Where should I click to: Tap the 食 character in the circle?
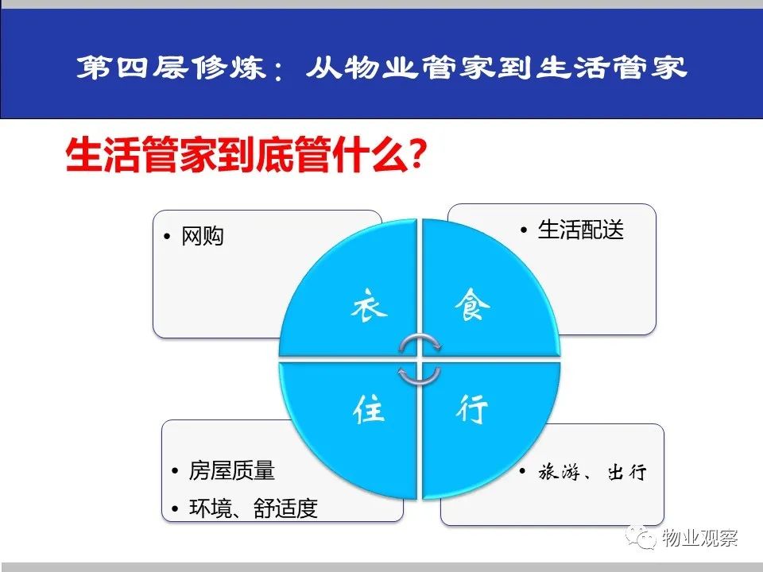(472, 304)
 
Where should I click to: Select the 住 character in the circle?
(369, 409)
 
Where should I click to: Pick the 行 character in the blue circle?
(472, 409)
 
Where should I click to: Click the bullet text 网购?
(203, 237)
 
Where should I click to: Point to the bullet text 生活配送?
(580, 230)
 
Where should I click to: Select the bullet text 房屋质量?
(231, 470)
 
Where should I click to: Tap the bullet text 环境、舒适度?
(254, 508)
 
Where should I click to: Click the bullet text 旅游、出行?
(593, 472)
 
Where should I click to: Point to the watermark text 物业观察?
(699, 538)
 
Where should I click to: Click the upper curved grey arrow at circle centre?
(420, 342)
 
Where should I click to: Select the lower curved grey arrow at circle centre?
(420, 377)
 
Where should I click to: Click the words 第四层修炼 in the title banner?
(172, 67)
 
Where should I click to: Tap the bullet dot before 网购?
(168, 237)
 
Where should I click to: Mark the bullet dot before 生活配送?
(524, 230)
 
